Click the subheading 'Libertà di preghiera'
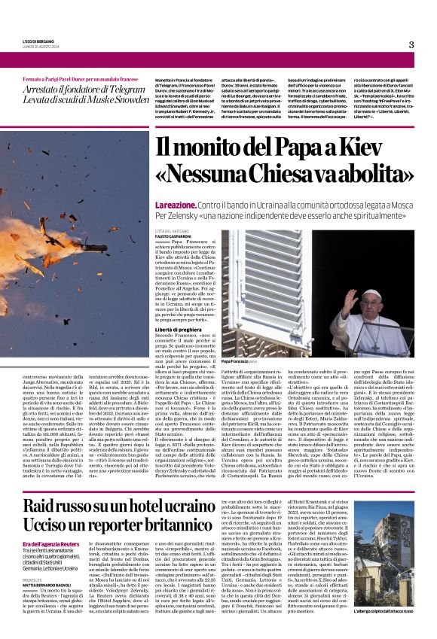179,329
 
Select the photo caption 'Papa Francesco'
237,363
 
